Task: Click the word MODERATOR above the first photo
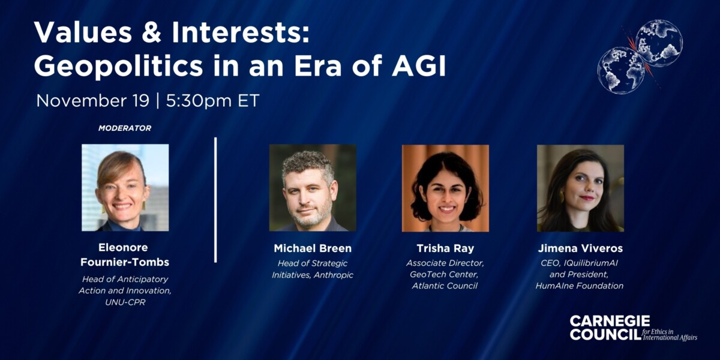(125, 128)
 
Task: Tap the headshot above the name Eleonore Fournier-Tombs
(125, 188)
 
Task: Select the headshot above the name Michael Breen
(313, 188)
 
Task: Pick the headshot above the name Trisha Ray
(445, 188)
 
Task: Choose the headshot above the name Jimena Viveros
(581, 188)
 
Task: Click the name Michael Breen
(313, 248)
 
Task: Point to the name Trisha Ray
(445, 248)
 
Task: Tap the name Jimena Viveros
(581, 248)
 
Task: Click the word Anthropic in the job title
(334, 275)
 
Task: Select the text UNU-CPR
(125, 302)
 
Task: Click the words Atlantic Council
(445, 286)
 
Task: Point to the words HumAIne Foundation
(580, 286)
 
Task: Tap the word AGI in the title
(419, 66)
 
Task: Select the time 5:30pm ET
(212, 101)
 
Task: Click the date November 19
(93, 101)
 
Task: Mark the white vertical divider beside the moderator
(215, 200)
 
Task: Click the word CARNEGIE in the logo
(610, 321)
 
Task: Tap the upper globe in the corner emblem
(659, 43)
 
